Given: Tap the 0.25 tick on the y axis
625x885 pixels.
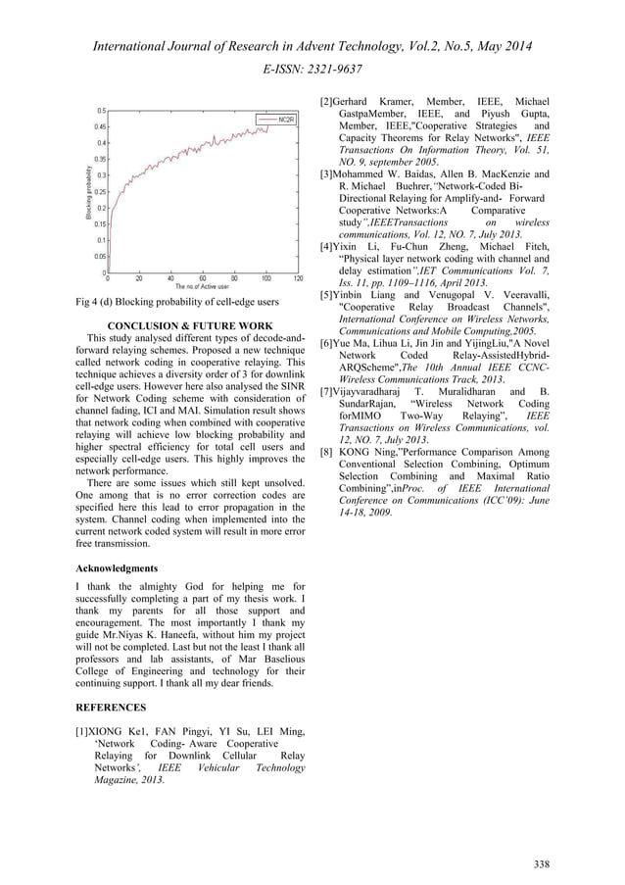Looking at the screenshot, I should coord(99,191).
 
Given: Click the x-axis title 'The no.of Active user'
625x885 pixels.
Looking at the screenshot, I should coord(203,285).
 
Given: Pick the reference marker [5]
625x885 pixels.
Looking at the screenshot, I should coord(328,295).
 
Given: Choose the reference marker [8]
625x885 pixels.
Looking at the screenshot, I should coord(329,453).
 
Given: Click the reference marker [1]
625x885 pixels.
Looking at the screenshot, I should coord(85,730).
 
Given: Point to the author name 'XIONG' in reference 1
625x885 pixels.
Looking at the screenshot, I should coord(113,730).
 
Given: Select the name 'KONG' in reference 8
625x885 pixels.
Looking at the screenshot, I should coord(359,453).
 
